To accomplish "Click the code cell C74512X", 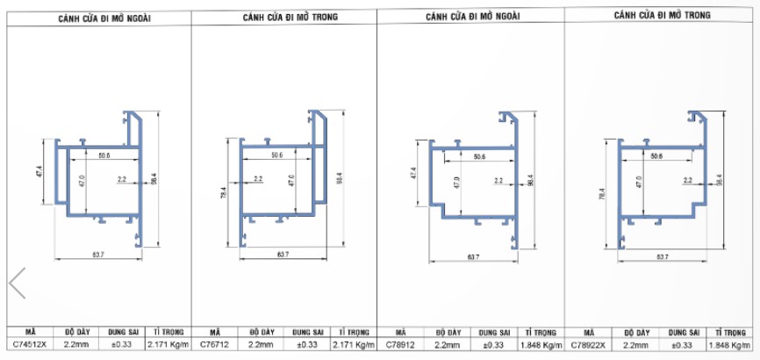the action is [x=30, y=345].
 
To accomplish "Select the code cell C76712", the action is [x=214, y=345].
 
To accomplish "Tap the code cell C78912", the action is [x=400, y=345].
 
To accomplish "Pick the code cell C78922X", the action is [x=588, y=345].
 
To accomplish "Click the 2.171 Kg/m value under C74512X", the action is [x=166, y=345].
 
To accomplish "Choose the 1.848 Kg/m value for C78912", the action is [x=541, y=345].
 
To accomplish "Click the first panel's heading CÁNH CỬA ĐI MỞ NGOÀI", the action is [x=104, y=18].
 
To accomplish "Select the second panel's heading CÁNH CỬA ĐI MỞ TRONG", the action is [x=290, y=17].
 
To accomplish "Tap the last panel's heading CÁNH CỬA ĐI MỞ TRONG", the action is [x=662, y=15].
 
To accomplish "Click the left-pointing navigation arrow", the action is [x=18, y=283].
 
